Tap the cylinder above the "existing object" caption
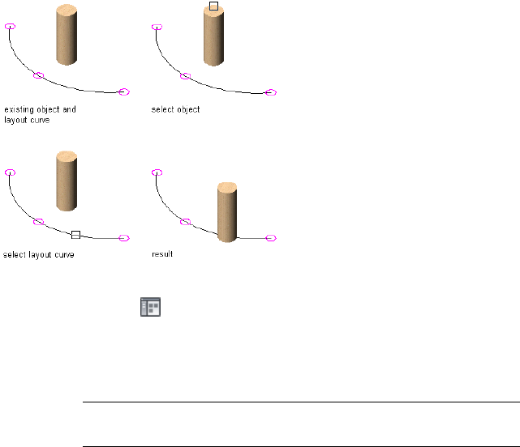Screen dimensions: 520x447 click(x=67, y=36)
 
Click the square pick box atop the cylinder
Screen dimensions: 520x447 click(x=213, y=6)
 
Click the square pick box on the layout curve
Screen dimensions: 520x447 click(x=75, y=234)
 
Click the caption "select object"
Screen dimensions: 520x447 click(x=175, y=109)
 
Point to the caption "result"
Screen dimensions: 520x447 click(x=162, y=254)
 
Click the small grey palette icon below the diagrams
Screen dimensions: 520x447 click(x=151, y=306)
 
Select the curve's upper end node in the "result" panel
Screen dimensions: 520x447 click(x=157, y=172)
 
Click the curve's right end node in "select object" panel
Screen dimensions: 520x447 click(x=272, y=92)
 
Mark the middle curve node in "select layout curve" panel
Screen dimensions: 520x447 click(x=38, y=221)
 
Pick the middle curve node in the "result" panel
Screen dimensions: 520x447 click(x=185, y=221)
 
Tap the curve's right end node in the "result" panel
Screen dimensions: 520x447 click(x=272, y=238)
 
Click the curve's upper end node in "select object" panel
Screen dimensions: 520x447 click(x=157, y=27)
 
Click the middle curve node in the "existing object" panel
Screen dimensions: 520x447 click(x=38, y=75)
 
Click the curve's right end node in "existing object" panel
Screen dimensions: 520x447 click(x=124, y=92)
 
